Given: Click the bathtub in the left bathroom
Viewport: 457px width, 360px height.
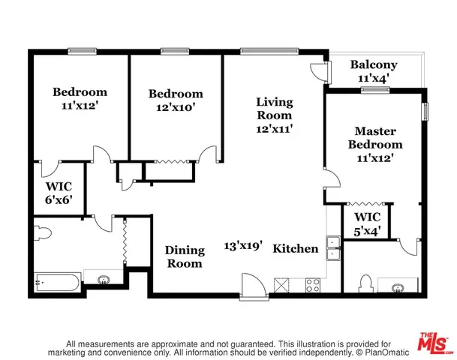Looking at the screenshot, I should (56, 283).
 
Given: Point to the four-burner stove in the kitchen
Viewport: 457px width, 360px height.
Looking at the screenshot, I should (313, 284).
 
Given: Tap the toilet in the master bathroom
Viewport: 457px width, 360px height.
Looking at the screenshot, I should (365, 283).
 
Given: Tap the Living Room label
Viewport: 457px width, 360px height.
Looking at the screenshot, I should (274, 115).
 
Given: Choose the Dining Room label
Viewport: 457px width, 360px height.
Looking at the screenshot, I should (184, 256).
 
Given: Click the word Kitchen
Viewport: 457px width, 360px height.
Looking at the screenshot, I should (295, 248).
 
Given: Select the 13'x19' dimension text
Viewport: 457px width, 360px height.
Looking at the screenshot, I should (243, 245).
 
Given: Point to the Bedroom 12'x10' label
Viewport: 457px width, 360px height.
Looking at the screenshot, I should (176, 100).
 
